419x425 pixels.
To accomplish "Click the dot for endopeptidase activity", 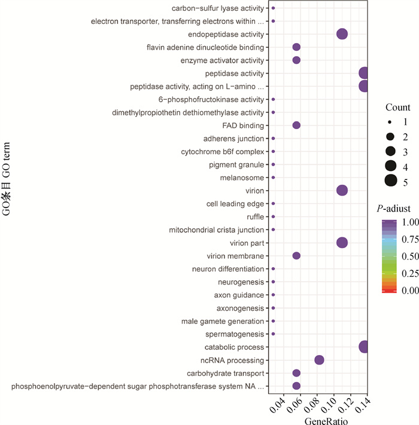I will (x=342, y=34).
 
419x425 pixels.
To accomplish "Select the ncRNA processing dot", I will (x=319, y=360).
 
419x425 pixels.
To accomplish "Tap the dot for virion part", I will (x=342, y=243).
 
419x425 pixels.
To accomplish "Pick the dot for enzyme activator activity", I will (x=296, y=60).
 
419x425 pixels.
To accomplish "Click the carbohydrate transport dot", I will (x=296, y=373).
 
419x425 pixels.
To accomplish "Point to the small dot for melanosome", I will (x=274, y=178).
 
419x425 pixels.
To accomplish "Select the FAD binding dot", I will (x=296, y=125).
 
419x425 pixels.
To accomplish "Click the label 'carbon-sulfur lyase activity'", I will (x=218, y=8).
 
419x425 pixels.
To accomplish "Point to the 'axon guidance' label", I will (x=239, y=295).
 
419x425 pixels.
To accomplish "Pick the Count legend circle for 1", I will (x=391, y=122).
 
